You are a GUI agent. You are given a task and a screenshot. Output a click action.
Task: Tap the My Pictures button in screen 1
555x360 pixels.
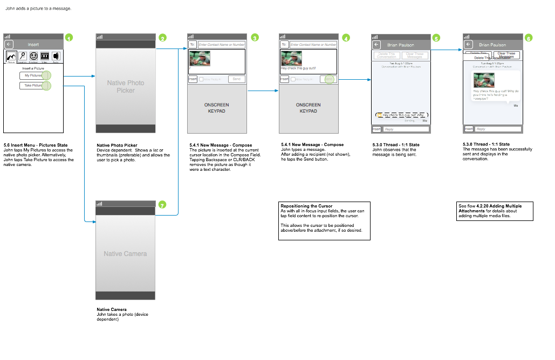point(33,75)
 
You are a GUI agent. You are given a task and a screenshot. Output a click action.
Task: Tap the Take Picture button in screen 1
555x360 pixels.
point(33,86)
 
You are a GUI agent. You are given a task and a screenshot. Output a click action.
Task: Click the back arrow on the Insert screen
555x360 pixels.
point(9,45)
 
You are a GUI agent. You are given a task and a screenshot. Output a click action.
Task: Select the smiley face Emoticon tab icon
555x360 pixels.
point(33,56)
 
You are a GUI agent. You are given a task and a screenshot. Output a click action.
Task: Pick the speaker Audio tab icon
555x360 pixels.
point(56,56)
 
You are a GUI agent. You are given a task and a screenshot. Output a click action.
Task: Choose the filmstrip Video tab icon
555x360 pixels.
point(45,56)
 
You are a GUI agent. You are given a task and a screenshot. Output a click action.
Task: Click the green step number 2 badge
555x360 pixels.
point(162,38)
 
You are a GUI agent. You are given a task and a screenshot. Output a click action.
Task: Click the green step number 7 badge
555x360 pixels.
point(162,205)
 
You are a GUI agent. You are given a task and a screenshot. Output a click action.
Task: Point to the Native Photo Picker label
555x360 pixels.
point(125,86)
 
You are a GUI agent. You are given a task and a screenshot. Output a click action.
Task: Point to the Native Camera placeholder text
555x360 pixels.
point(125,253)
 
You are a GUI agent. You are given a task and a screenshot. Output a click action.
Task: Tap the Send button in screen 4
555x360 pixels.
point(328,79)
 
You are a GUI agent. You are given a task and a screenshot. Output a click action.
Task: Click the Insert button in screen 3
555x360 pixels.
point(193,79)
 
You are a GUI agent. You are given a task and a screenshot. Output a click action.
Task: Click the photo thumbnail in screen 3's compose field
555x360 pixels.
point(200,58)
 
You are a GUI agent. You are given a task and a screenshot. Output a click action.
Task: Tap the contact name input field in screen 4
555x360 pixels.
point(313,45)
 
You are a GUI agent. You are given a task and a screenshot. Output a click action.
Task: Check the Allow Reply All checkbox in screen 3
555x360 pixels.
point(201,79)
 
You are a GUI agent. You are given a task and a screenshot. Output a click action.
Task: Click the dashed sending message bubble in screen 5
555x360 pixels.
point(401,115)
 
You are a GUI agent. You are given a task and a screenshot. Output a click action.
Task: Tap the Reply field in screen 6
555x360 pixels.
point(497,129)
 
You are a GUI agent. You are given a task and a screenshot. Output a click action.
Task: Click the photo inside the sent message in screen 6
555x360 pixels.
point(484,80)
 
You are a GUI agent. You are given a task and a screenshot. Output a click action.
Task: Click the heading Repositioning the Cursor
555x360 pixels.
point(306,206)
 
